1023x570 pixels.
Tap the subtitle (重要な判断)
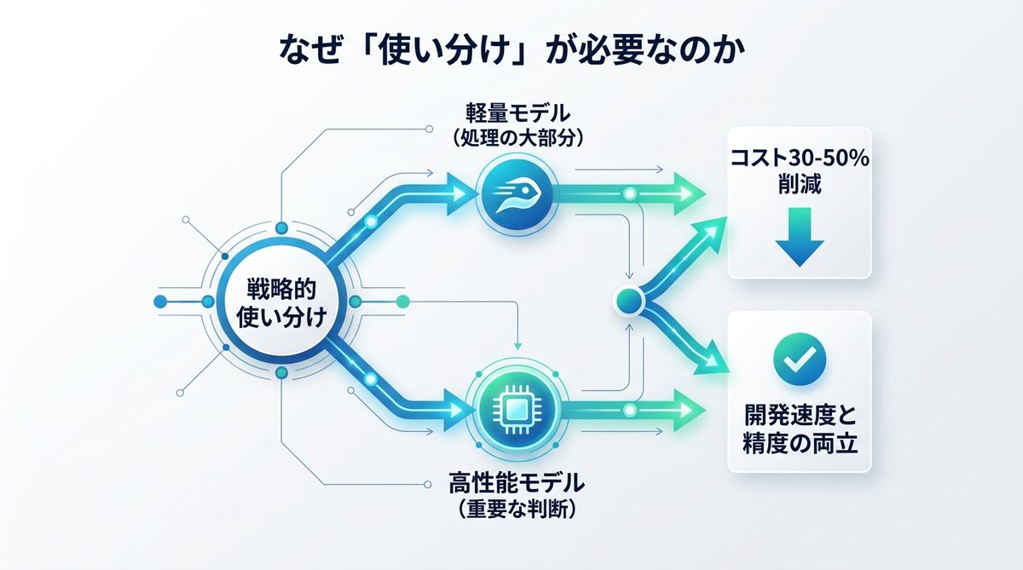pos(517,510)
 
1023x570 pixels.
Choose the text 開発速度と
pos(799,417)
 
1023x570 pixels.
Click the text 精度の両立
pos(799,444)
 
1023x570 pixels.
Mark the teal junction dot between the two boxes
pos(629,300)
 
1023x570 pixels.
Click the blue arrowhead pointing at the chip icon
pos(459,408)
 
